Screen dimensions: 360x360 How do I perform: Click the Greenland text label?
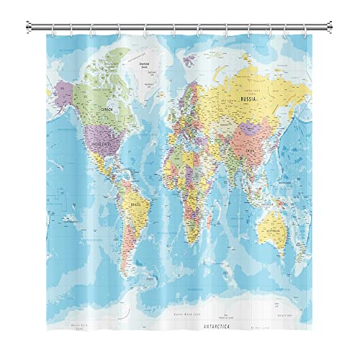(144, 64)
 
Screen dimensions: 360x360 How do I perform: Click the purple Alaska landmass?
(64, 91)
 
